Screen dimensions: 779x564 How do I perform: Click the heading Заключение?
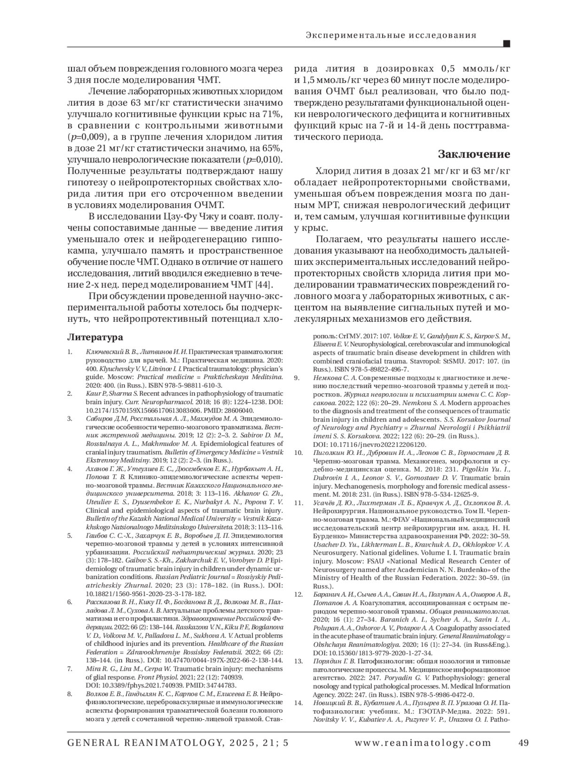tap(474, 154)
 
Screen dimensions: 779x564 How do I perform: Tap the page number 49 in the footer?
tap(523, 743)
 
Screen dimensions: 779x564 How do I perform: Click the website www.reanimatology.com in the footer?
tap(423, 743)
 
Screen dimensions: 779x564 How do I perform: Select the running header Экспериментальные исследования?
tap(391, 35)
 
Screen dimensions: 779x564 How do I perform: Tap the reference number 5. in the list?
tap(70, 535)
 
